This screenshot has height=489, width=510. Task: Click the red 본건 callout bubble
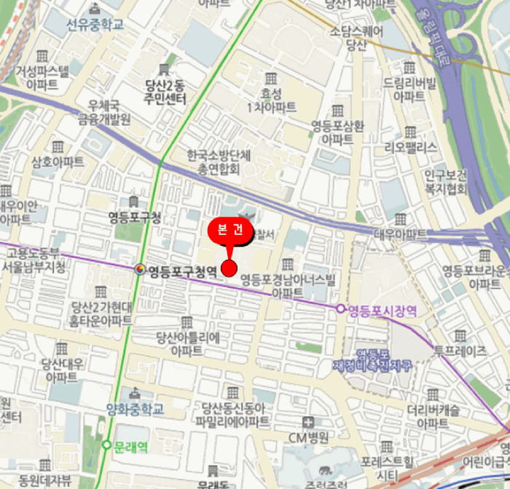click(x=230, y=230)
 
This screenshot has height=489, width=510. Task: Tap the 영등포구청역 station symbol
click(x=140, y=271)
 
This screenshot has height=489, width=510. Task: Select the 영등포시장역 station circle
click(x=340, y=309)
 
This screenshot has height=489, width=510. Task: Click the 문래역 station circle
click(x=107, y=445)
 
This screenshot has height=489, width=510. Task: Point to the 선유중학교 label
click(x=95, y=24)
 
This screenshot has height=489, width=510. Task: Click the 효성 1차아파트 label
click(x=271, y=100)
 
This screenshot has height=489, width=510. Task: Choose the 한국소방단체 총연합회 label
click(x=218, y=162)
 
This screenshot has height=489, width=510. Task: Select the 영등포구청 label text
click(x=135, y=217)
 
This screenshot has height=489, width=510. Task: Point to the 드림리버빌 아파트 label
click(x=409, y=89)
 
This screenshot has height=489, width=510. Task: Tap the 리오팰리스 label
click(x=411, y=148)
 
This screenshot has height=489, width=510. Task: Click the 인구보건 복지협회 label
click(x=446, y=182)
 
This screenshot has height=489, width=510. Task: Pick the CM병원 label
click(x=309, y=437)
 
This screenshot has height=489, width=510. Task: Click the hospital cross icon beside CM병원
click(x=309, y=422)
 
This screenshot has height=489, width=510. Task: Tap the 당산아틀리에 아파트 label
click(x=187, y=343)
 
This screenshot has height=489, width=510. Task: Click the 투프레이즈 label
click(x=460, y=351)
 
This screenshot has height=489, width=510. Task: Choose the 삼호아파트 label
click(x=58, y=162)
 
